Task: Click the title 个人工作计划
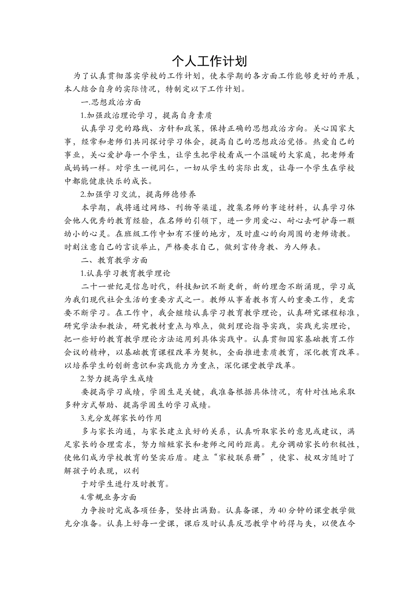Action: pos(209,60)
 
